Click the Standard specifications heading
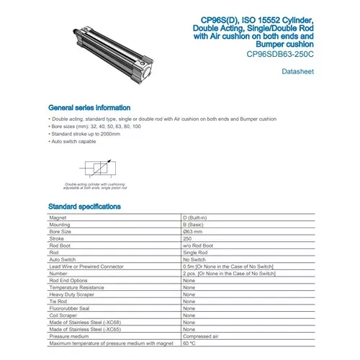(x=84, y=207)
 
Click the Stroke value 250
(x=189, y=240)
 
